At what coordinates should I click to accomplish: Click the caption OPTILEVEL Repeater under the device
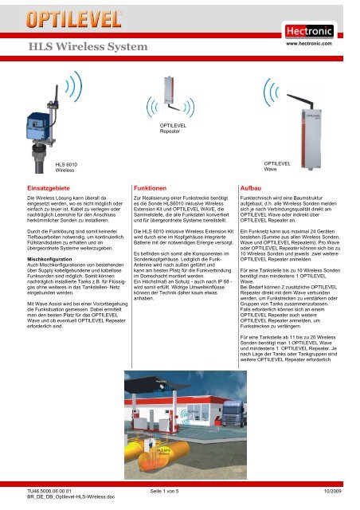point(174,129)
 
